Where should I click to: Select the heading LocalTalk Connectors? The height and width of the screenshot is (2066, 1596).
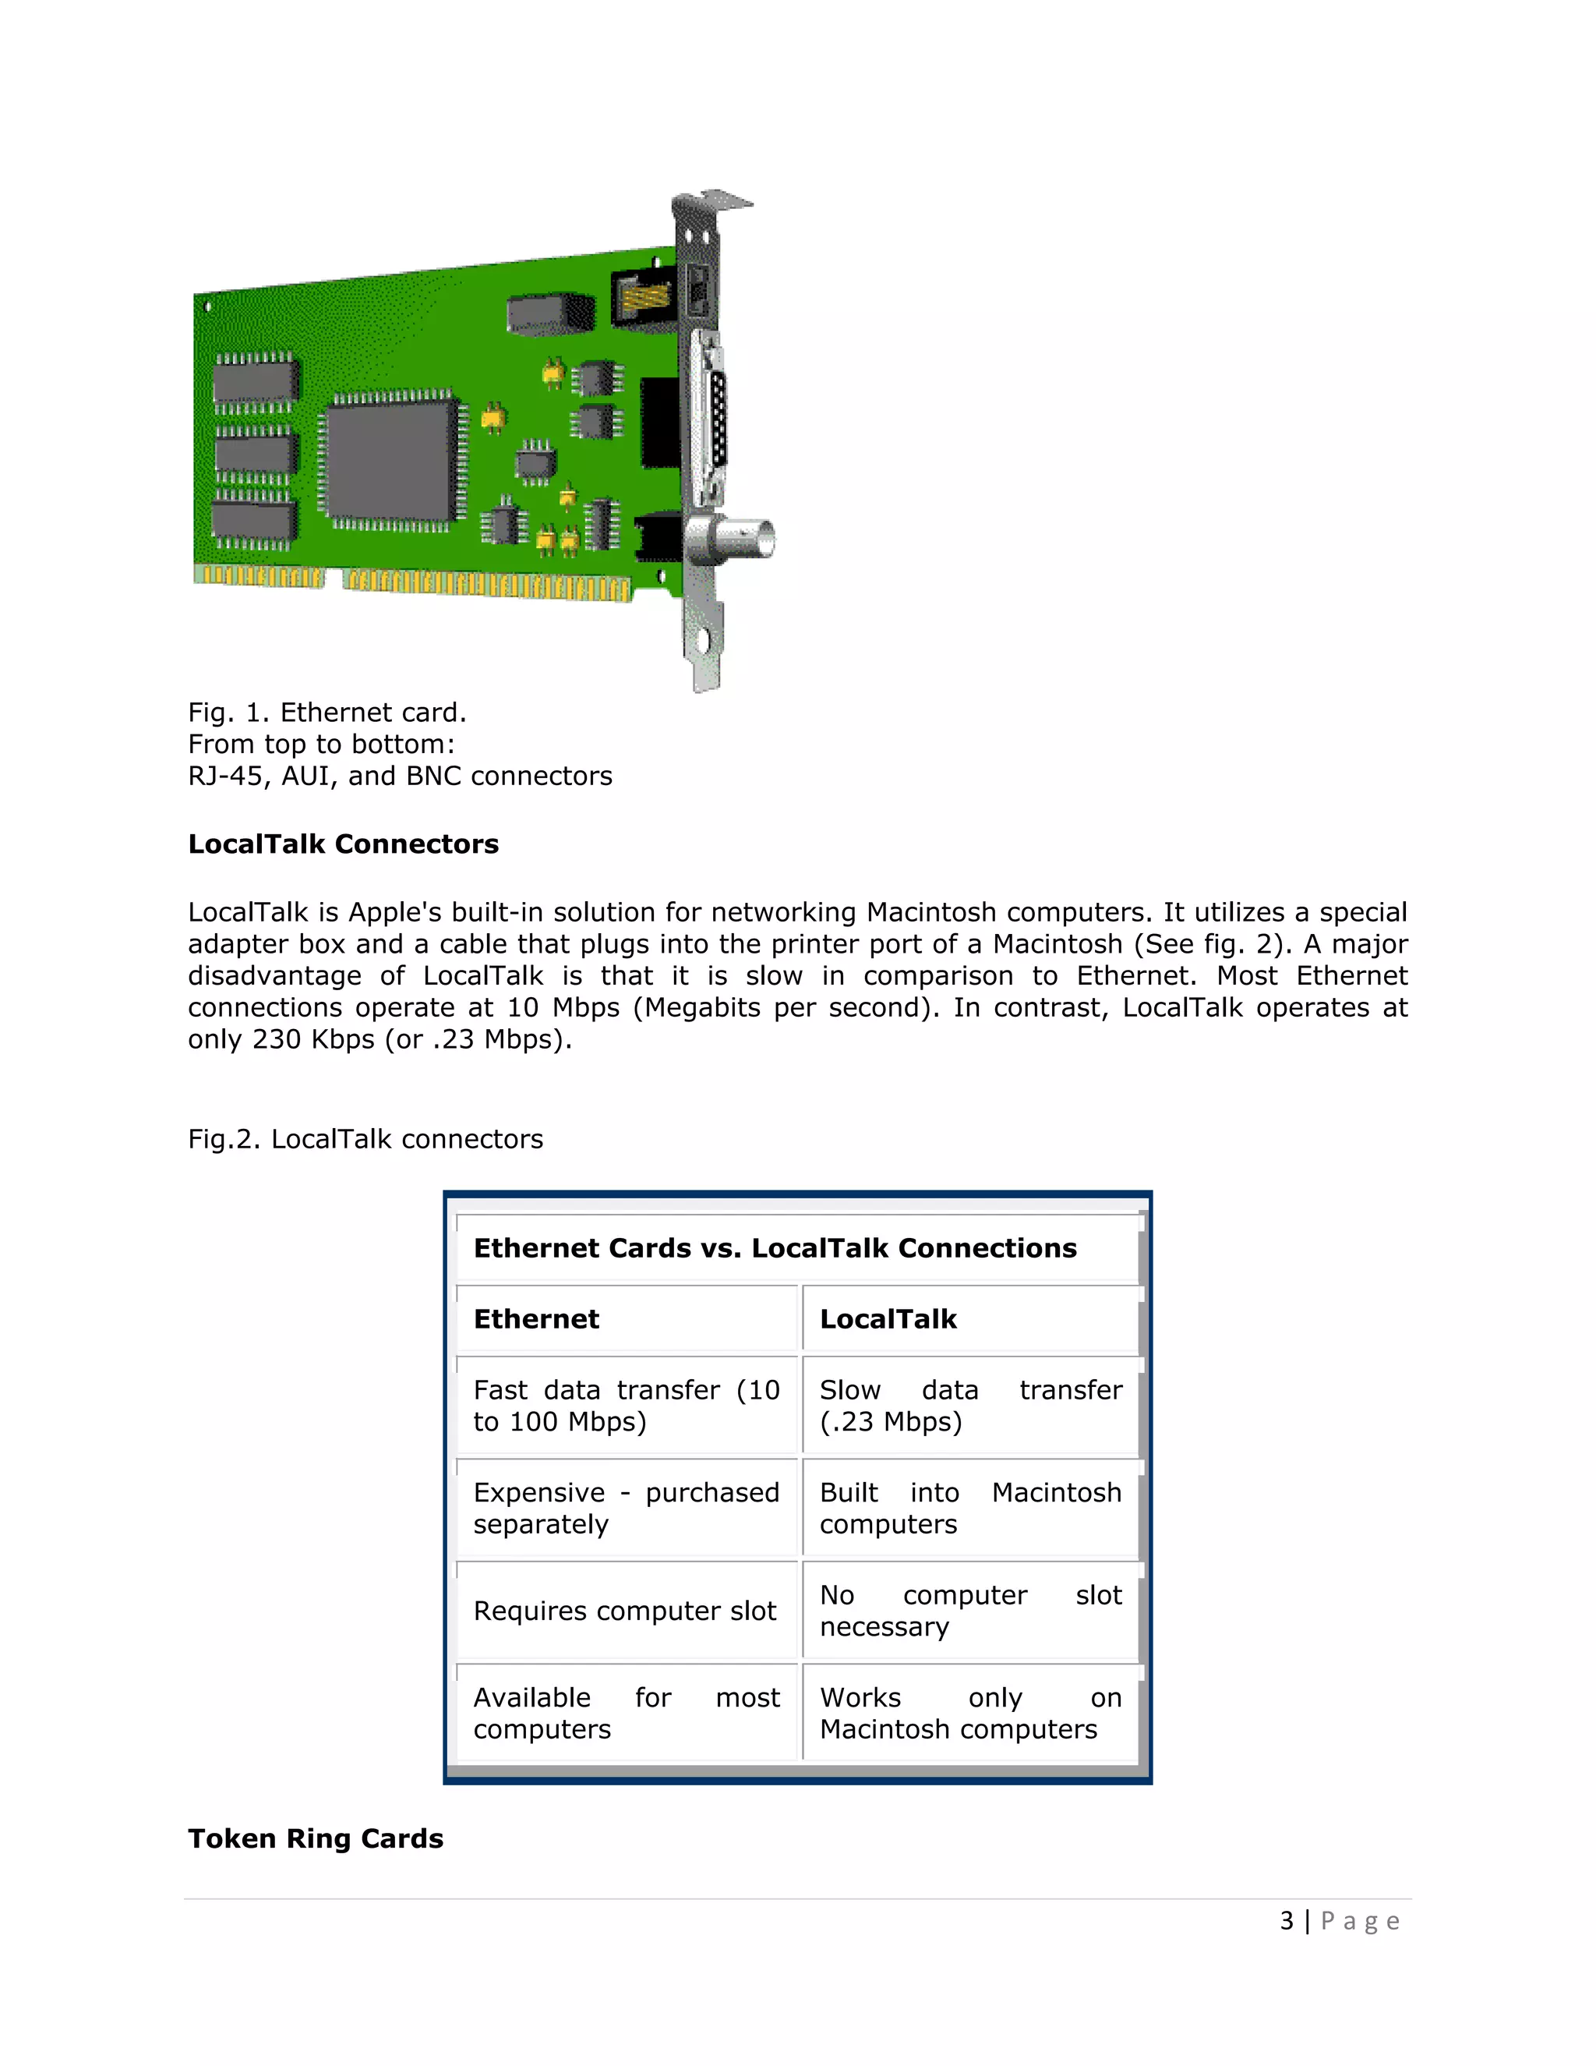tap(343, 844)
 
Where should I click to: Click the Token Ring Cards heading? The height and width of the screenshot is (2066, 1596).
tap(316, 1838)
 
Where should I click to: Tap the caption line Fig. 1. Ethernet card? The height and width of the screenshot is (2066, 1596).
tap(327, 713)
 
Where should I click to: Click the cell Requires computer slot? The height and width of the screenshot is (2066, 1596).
tap(624, 1611)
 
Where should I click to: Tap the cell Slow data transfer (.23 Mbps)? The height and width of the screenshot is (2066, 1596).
tap(970, 1406)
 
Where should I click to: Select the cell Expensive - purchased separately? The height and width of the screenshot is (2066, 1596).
tap(626, 1508)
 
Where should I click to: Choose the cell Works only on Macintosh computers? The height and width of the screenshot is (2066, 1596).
tap(970, 1713)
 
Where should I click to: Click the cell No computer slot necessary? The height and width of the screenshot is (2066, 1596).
tap(970, 1611)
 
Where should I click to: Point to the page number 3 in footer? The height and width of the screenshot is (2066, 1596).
tap(1287, 1921)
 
